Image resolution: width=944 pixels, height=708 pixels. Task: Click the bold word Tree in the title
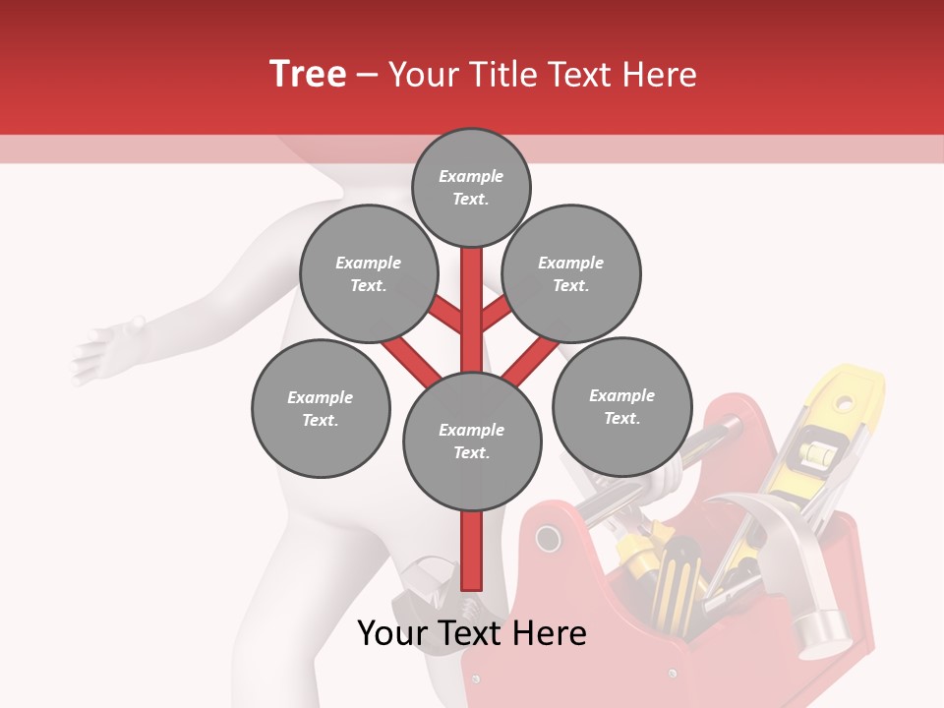(x=308, y=75)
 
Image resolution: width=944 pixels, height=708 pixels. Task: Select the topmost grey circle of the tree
(x=471, y=187)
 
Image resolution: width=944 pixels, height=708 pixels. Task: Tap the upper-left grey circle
(x=368, y=273)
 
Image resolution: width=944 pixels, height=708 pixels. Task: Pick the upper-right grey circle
(x=571, y=273)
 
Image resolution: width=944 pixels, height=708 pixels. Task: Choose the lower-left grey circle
(x=321, y=408)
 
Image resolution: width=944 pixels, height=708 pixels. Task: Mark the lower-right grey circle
(x=621, y=406)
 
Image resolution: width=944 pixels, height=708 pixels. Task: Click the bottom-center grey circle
(x=472, y=441)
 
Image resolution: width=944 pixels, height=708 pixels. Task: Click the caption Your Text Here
(x=472, y=633)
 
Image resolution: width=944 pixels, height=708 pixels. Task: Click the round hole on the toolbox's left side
(x=547, y=539)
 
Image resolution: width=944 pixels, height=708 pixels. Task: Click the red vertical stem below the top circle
(x=472, y=295)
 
